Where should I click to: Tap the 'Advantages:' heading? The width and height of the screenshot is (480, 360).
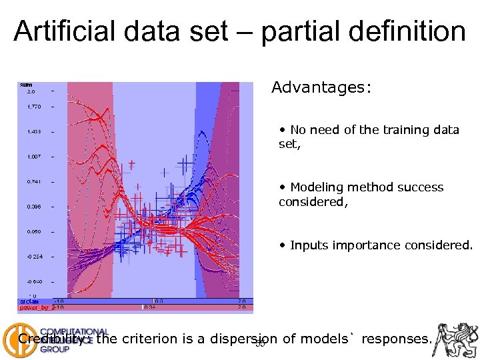pos(321,88)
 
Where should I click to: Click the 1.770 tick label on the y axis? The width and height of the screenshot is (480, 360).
pos(34,106)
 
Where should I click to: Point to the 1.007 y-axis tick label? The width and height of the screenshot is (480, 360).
pos(34,157)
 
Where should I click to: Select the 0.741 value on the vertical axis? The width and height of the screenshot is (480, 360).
pos(34,181)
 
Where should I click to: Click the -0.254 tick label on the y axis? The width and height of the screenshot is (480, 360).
pos(34,257)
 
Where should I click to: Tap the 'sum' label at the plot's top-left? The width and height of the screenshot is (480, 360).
pos(26,85)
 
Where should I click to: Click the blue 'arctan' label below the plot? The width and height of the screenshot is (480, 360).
pos(29,301)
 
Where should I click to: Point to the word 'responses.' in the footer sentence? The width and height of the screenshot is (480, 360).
pos(397,339)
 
